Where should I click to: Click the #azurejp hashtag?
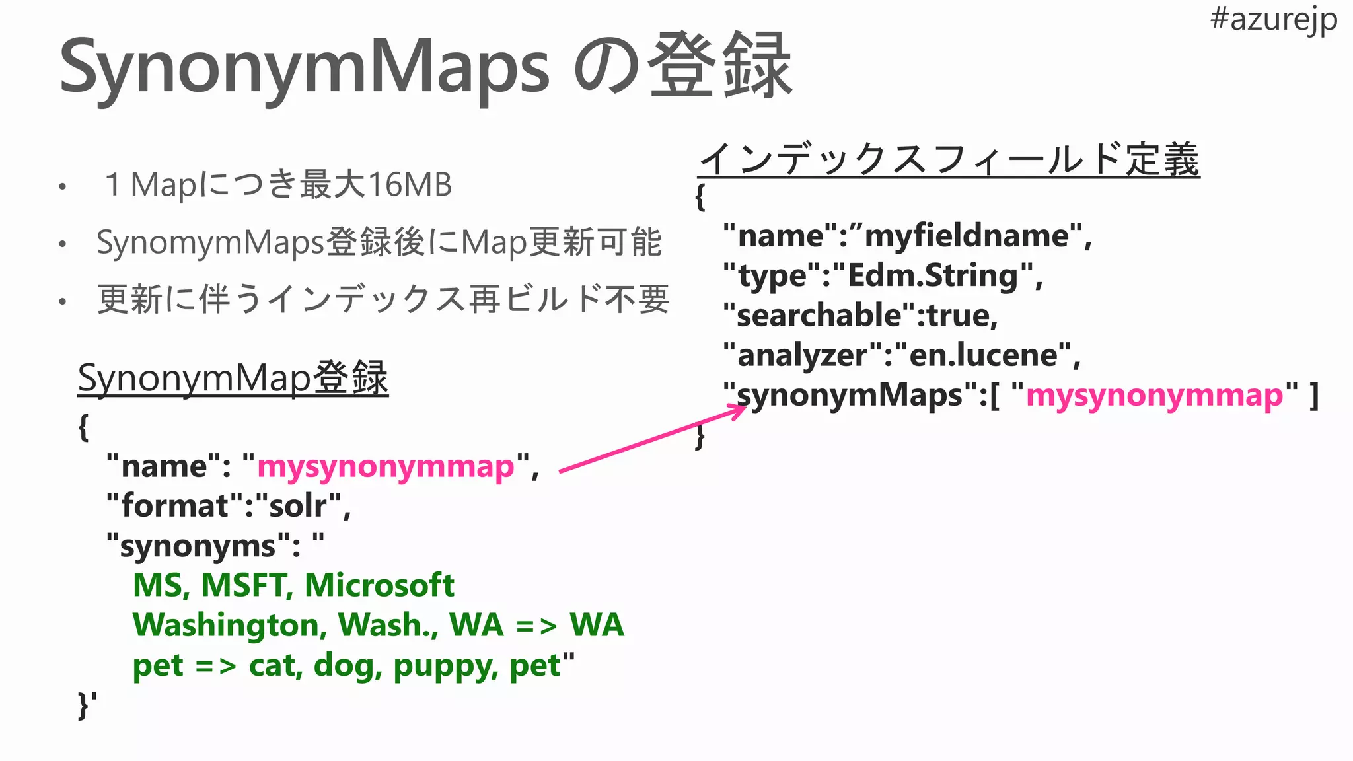tap(1273, 20)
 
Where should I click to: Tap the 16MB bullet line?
tap(277, 185)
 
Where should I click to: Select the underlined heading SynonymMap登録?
tap(233, 379)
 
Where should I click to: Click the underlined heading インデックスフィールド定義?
tap(949, 160)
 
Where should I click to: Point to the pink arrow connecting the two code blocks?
tap(651, 439)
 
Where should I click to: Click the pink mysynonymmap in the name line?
tap(385, 466)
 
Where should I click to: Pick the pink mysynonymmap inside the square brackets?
tap(1154, 395)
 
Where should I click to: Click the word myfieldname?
tap(967, 236)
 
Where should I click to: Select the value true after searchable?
tap(961, 316)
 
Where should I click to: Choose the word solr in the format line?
tap(298, 506)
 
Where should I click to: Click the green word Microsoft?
tap(379, 585)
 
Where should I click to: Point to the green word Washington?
tap(229, 625)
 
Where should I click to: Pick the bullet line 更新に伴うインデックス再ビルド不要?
tap(383, 299)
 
